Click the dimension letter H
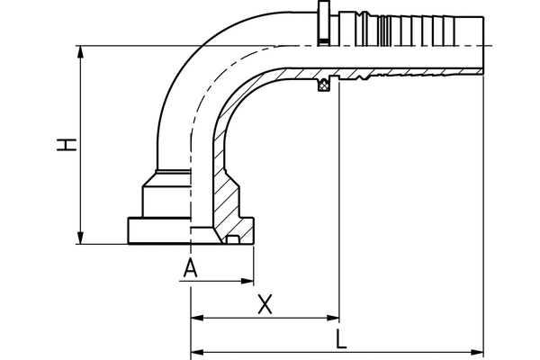pyautogui.click(x=67, y=145)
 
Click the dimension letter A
pyautogui.click(x=191, y=268)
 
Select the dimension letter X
pyautogui.click(x=265, y=304)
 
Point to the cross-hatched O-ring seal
pyautogui.click(x=324, y=85)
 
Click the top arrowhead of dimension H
pyautogui.click(x=81, y=52)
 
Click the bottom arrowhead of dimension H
pyautogui.click(x=81, y=238)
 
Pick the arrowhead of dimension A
pyautogui.click(x=247, y=281)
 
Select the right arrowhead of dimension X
pyautogui.click(x=333, y=318)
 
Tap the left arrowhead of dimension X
pyautogui.click(x=197, y=318)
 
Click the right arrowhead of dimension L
pyautogui.click(x=477, y=352)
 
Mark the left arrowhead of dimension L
pyautogui.click(x=197, y=352)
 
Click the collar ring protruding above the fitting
pyautogui.click(x=323, y=23)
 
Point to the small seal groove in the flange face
pyautogui.click(x=233, y=239)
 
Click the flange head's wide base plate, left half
pyautogui.click(x=159, y=230)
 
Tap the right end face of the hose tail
pyautogui.click(x=483, y=45)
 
